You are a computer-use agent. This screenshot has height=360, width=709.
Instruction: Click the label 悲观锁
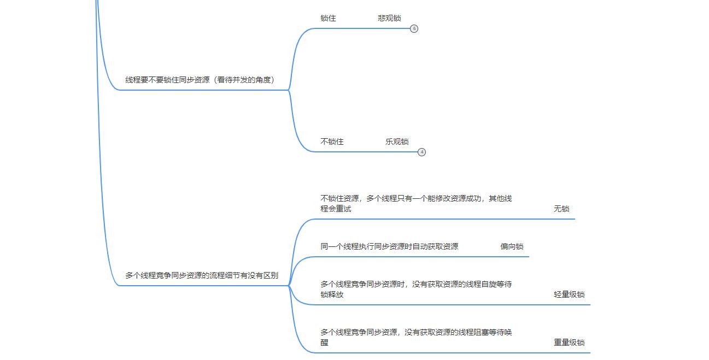[389, 18]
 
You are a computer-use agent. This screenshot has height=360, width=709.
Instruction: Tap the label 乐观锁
[397, 141]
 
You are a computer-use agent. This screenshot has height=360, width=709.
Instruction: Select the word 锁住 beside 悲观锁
[328, 18]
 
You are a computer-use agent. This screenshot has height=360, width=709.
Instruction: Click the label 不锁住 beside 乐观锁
[332, 141]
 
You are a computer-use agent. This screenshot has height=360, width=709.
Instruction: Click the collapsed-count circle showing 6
[414, 28]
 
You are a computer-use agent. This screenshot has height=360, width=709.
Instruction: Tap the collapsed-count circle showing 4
[421, 152]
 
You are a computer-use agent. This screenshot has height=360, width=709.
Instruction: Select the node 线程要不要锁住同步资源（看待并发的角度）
[200, 80]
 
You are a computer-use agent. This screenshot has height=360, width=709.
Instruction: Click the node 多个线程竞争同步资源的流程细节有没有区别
[202, 275]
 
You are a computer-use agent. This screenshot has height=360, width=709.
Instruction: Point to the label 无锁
[561, 209]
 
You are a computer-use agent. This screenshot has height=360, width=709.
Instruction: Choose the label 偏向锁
[512, 246]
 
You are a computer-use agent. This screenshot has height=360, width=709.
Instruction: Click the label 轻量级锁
[569, 294]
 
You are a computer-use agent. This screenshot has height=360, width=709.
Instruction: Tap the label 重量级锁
[569, 343]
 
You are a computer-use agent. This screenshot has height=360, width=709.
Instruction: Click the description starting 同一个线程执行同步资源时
[389, 246]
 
